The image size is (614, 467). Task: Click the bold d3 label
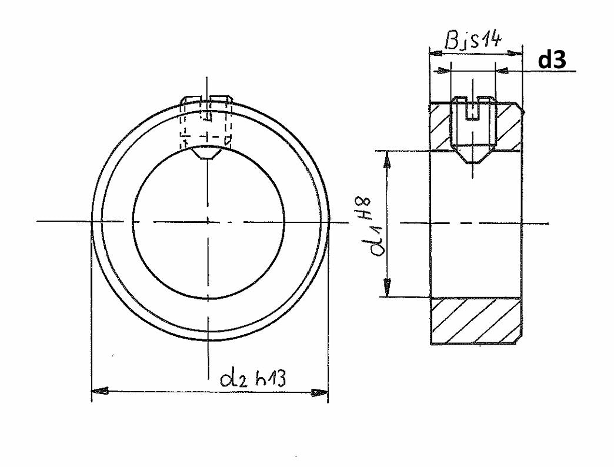click(x=552, y=60)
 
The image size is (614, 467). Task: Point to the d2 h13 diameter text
click(x=252, y=379)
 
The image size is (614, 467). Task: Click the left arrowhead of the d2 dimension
click(x=99, y=391)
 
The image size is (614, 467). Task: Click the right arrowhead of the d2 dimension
click(x=319, y=392)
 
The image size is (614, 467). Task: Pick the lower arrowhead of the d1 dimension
click(x=387, y=288)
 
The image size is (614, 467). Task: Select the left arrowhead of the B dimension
click(x=436, y=52)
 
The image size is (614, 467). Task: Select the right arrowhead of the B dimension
click(x=515, y=52)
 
